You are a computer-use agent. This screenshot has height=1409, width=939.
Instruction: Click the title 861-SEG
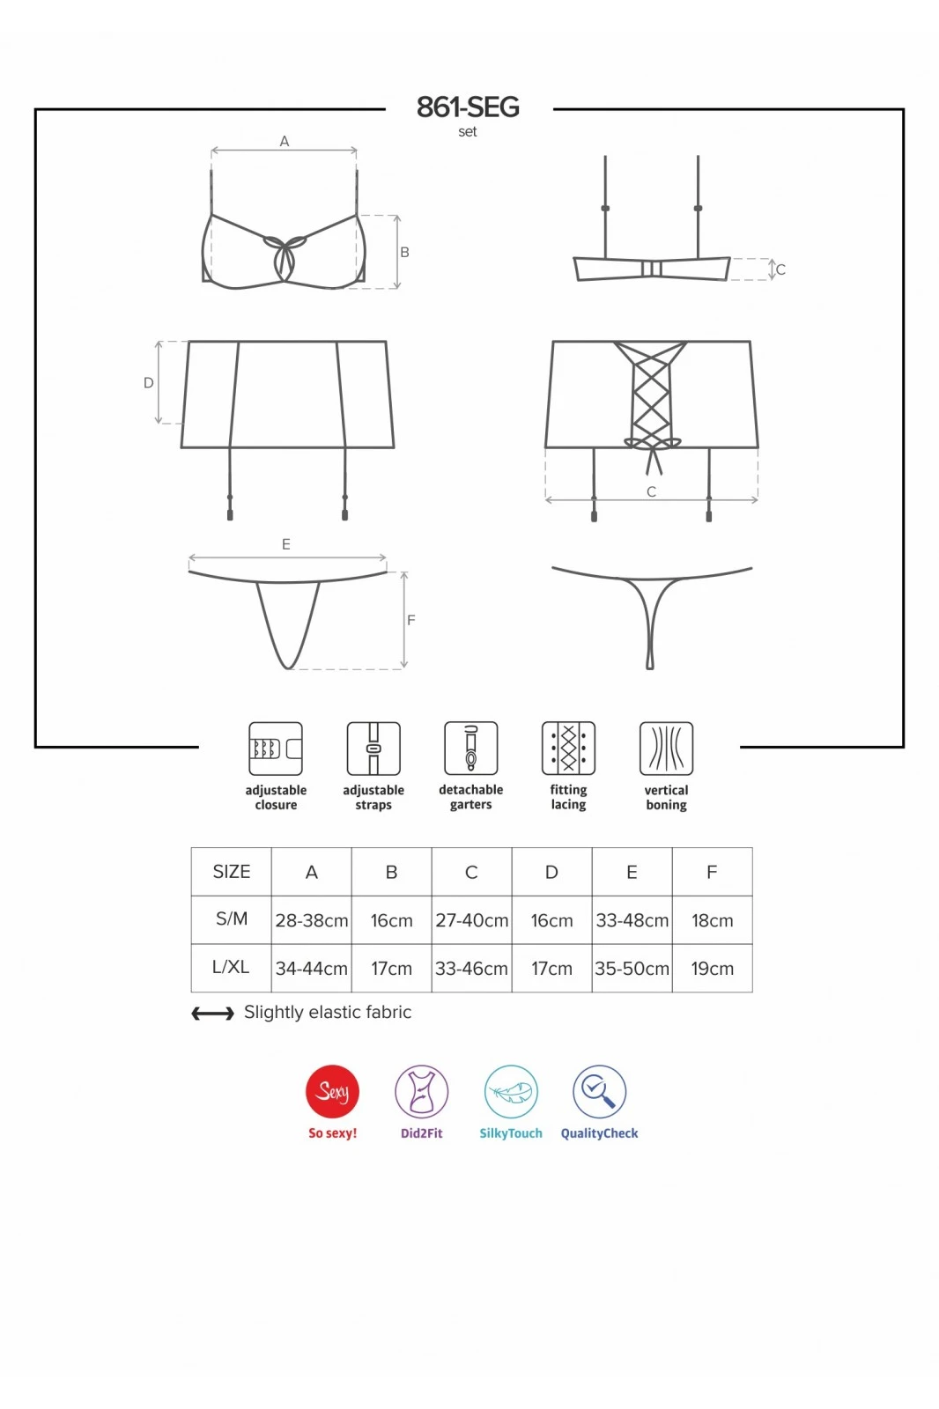tap(468, 107)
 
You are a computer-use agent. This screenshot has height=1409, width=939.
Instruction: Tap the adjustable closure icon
tap(276, 749)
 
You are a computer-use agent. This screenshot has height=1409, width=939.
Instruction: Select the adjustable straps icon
tap(373, 749)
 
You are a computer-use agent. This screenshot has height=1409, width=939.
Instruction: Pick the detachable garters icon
tap(470, 748)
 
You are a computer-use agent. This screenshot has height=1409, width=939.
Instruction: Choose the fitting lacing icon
tap(568, 748)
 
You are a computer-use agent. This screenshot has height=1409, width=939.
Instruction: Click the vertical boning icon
tap(666, 749)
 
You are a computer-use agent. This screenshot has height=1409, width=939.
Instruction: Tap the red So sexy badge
tap(332, 1092)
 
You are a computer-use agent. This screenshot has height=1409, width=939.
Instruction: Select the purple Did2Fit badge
tap(422, 1092)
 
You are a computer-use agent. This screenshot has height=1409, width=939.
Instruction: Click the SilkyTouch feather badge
tap(511, 1092)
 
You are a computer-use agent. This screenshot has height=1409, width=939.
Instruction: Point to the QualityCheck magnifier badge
tap(599, 1092)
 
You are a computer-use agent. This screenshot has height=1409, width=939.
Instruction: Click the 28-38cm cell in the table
tap(312, 921)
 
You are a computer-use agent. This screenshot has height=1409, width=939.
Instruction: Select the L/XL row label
tap(231, 968)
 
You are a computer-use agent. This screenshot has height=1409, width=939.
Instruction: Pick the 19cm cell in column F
tap(713, 969)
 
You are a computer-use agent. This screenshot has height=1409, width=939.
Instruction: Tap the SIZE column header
tap(232, 872)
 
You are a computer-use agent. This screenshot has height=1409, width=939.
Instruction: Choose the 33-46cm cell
tap(471, 969)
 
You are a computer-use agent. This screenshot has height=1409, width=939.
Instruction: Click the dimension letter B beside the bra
tap(404, 252)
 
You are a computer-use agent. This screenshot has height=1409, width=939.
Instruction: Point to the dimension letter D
tap(149, 382)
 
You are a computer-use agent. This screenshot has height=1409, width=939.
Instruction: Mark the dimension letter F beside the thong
tap(411, 620)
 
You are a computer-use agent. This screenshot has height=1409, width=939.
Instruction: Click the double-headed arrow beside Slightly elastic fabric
tap(212, 1014)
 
